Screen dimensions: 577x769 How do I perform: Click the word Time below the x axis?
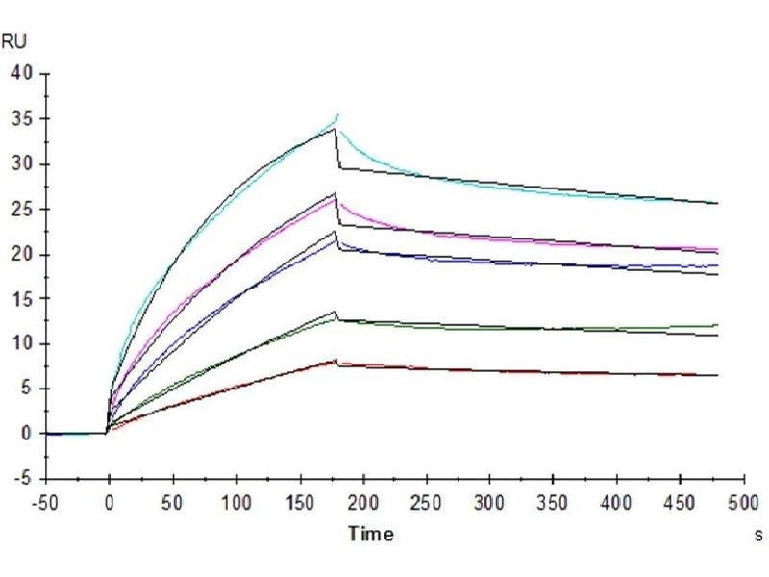coord(370,534)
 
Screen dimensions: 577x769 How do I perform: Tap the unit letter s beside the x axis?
coord(760,533)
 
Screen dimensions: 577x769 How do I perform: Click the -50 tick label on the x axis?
coord(46,503)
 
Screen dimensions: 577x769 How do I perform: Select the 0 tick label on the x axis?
coord(110,503)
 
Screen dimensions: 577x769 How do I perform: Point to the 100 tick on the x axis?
coord(236,503)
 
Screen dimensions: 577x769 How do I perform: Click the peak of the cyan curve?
coord(338,114)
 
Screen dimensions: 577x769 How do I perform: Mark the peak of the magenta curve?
coord(336,198)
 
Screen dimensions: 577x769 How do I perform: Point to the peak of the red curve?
coord(336,361)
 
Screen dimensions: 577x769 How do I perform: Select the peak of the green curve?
coord(337,317)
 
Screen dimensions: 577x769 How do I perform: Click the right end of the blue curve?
coord(717,265)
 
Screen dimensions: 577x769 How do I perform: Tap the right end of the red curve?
coord(717,375)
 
